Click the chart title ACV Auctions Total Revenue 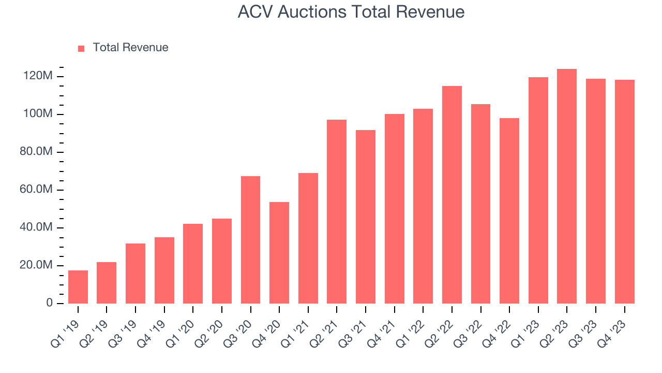(x=351, y=11)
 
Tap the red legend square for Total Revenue (x=81, y=48)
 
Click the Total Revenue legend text (x=130, y=48)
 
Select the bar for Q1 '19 (x=78, y=287)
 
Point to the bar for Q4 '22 (x=509, y=211)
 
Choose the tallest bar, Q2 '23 (x=567, y=186)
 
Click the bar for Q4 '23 (x=624, y=192)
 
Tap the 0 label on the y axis (x=50, y=303)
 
